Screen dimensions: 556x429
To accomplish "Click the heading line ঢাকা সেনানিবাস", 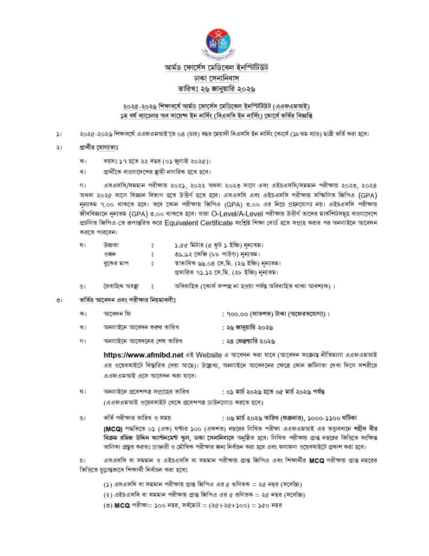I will point(214,78).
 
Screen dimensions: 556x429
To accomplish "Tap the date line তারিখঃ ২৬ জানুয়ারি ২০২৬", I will point(214,88).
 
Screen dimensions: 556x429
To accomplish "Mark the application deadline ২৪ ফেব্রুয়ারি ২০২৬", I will point(250,340).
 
